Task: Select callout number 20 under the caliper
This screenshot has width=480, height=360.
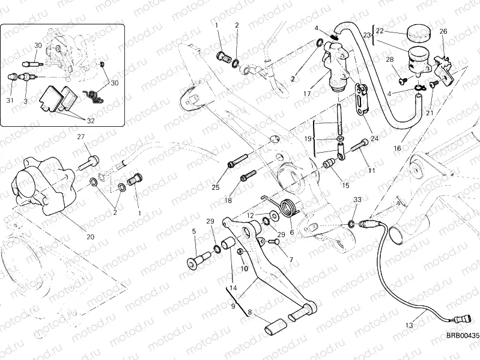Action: tap(90, 236)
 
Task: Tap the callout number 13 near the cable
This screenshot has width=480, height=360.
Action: tap(409, 325)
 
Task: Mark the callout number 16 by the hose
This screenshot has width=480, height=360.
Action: tap(396, 147)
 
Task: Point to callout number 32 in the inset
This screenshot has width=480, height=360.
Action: tap(90, 120)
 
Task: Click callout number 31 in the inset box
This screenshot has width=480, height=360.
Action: tap(10, 100)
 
